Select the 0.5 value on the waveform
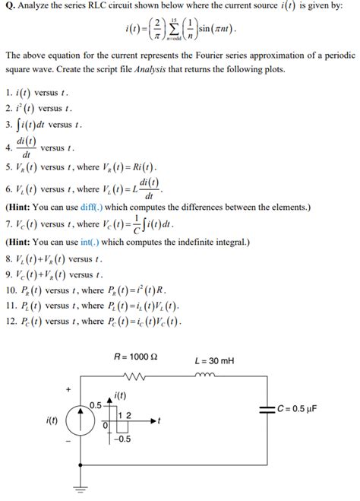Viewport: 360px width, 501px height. [x=96, y=404]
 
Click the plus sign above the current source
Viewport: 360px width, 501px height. [x=68, y=389]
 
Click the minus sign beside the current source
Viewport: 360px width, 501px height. [x=68, y=441]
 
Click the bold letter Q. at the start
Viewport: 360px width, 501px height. [x=10, y=8]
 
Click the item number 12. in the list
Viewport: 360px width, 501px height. [x=11, y=320]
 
